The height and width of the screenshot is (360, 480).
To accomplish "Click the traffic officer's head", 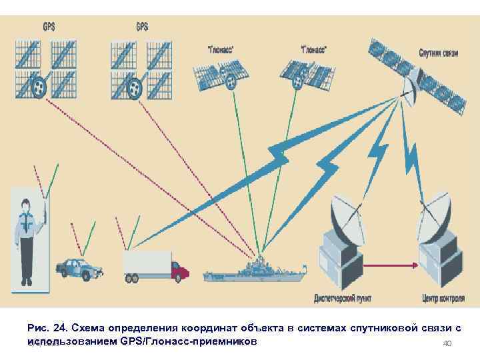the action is (x=26, y=206).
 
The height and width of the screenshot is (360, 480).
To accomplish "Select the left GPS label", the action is (x=48, y=27).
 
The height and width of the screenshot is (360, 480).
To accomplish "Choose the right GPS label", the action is (x=143, y=27).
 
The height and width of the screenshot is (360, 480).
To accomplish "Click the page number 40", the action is (x=447, y=343).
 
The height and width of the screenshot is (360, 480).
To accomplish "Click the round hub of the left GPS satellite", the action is (x=39, y=86).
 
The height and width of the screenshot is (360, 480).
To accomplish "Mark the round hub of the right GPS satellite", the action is (x=135, y=86).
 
